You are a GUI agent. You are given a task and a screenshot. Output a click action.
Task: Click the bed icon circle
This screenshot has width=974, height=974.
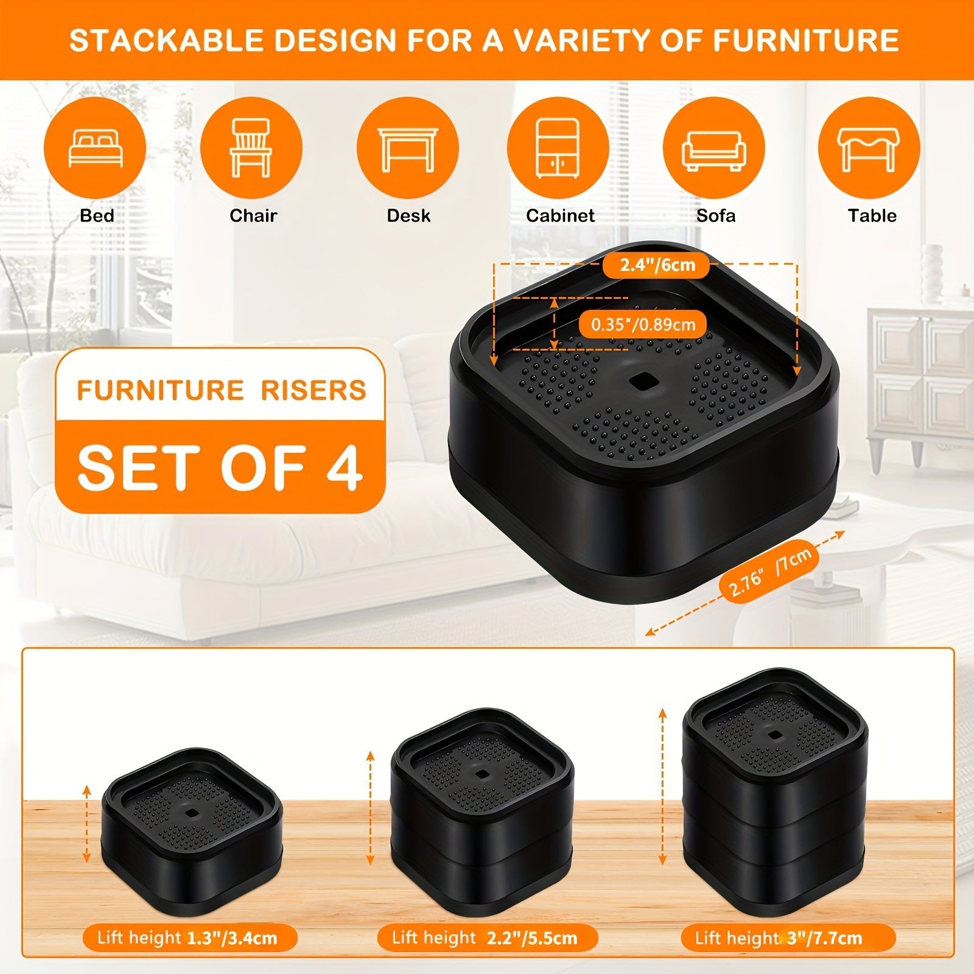tap(96, 148)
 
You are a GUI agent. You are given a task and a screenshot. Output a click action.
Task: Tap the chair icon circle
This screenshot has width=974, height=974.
tap(251, 148)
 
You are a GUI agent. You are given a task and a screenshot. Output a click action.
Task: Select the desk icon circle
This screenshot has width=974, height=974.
tap(407, 148)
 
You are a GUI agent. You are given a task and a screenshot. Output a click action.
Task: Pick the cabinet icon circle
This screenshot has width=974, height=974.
tap(558, 148)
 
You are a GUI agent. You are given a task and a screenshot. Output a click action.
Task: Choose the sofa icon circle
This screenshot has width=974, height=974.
tap(713, 148)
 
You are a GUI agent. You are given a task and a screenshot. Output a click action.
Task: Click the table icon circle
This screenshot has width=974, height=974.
tap(869, 148)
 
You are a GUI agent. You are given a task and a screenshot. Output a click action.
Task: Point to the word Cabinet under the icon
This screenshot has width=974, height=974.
tap(560, 215)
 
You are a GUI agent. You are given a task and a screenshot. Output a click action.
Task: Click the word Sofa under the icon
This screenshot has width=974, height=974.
tap(716, 215)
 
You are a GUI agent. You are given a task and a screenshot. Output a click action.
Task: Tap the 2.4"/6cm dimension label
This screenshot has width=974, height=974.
tap(657, 265)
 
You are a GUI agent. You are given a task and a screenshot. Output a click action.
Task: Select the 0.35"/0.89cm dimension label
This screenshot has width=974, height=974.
tap(643, 324)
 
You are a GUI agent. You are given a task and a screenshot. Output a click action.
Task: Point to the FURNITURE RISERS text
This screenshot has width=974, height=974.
tap(221, 390)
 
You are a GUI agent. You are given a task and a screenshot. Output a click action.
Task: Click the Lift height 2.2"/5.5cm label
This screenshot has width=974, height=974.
tap(485, 937)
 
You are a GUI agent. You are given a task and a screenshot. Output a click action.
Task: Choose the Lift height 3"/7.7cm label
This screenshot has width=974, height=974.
tap(779, 937)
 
